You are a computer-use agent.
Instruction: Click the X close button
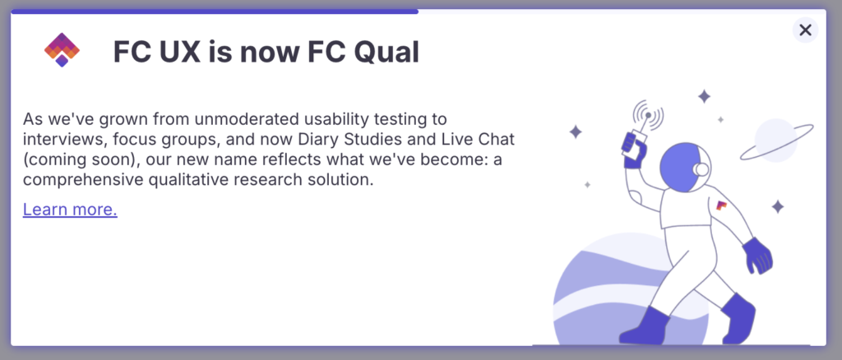805,30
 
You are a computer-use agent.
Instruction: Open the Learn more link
70,210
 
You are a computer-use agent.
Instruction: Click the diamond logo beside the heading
62,50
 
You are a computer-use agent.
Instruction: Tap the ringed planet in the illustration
776,141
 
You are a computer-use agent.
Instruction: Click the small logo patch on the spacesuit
721,205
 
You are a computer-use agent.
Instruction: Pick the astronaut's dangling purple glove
757,256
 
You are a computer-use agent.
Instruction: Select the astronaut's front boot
645,325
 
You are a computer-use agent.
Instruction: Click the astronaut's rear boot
738,318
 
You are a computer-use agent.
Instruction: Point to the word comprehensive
79,180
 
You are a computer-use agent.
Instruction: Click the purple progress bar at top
215,12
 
